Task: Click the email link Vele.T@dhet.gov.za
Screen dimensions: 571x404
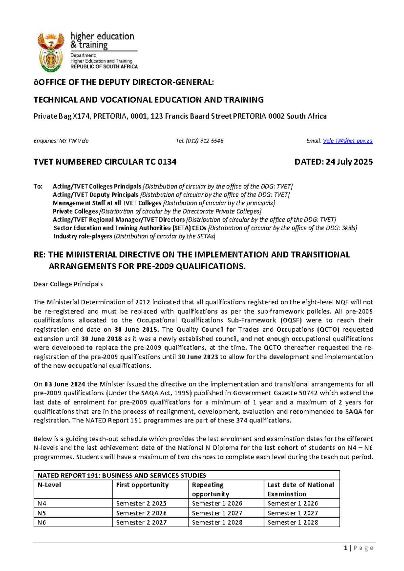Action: tap(347, 141)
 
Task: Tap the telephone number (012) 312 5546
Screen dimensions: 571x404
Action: tap(204, 141)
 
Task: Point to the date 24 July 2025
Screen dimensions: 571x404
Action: tap(349, 162)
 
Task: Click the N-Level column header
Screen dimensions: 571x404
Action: tap(49, 485)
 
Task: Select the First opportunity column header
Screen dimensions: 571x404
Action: tap(142, 485)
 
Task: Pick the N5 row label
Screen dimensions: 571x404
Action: tap(41, 513)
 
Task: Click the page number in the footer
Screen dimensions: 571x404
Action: tap(346, 548)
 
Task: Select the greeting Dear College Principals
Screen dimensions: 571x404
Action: tap(68, 284)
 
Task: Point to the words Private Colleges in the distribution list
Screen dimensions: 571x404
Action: tap(75, 211)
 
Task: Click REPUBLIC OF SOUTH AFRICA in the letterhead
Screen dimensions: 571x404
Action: tap(104, 67)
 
